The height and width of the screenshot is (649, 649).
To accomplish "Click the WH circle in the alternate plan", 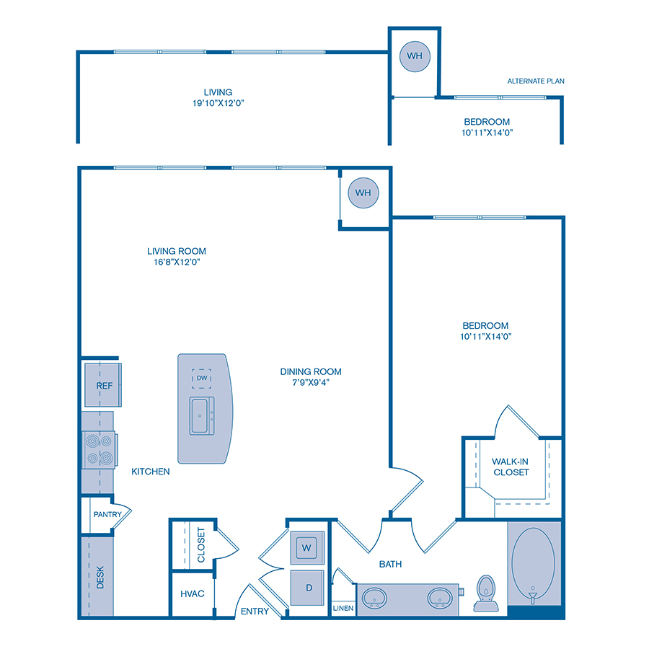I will coord(414,56).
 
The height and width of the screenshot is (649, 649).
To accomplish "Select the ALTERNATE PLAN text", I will coord(535,81).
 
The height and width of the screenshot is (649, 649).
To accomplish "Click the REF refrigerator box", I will coord(105,385).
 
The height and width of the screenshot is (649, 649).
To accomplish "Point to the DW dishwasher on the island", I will coord(201,378).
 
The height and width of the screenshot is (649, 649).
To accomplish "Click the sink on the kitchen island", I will coord(202,416).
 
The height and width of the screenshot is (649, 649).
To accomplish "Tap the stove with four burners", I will coord(99,449).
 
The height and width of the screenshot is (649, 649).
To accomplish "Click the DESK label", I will coord(100,577).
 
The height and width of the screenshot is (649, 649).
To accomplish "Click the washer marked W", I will coord(306,548).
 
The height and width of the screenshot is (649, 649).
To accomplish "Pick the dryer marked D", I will coord(308,588).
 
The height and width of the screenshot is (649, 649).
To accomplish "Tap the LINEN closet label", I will coord(343,609).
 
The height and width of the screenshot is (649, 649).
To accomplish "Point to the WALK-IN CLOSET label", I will coord(511,467).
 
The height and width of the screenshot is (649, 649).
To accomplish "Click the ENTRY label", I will coord(255,612).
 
